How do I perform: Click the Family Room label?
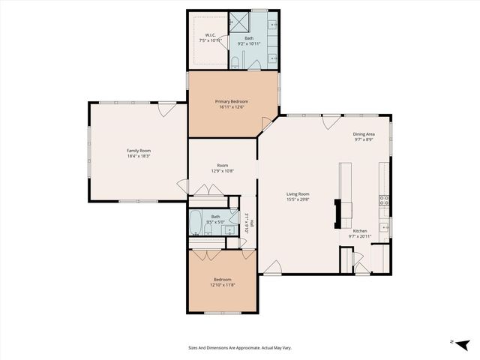click(138, 151)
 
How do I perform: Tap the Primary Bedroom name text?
click(232, 101)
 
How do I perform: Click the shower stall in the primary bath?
click(240, 21)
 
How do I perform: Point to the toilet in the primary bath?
click(235, 63)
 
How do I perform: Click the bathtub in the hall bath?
click(196, 221)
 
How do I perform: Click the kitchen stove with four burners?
click(384, 200)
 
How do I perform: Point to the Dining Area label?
click(364, 135)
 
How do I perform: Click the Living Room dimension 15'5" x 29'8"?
click(298, 199)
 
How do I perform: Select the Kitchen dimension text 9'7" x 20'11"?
click(361, 237)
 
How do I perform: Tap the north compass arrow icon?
click(460, 343)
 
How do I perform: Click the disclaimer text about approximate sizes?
click(239, 348)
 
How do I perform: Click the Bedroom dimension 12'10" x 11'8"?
click(222, 285)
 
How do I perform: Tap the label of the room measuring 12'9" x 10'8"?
click(222, 165)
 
